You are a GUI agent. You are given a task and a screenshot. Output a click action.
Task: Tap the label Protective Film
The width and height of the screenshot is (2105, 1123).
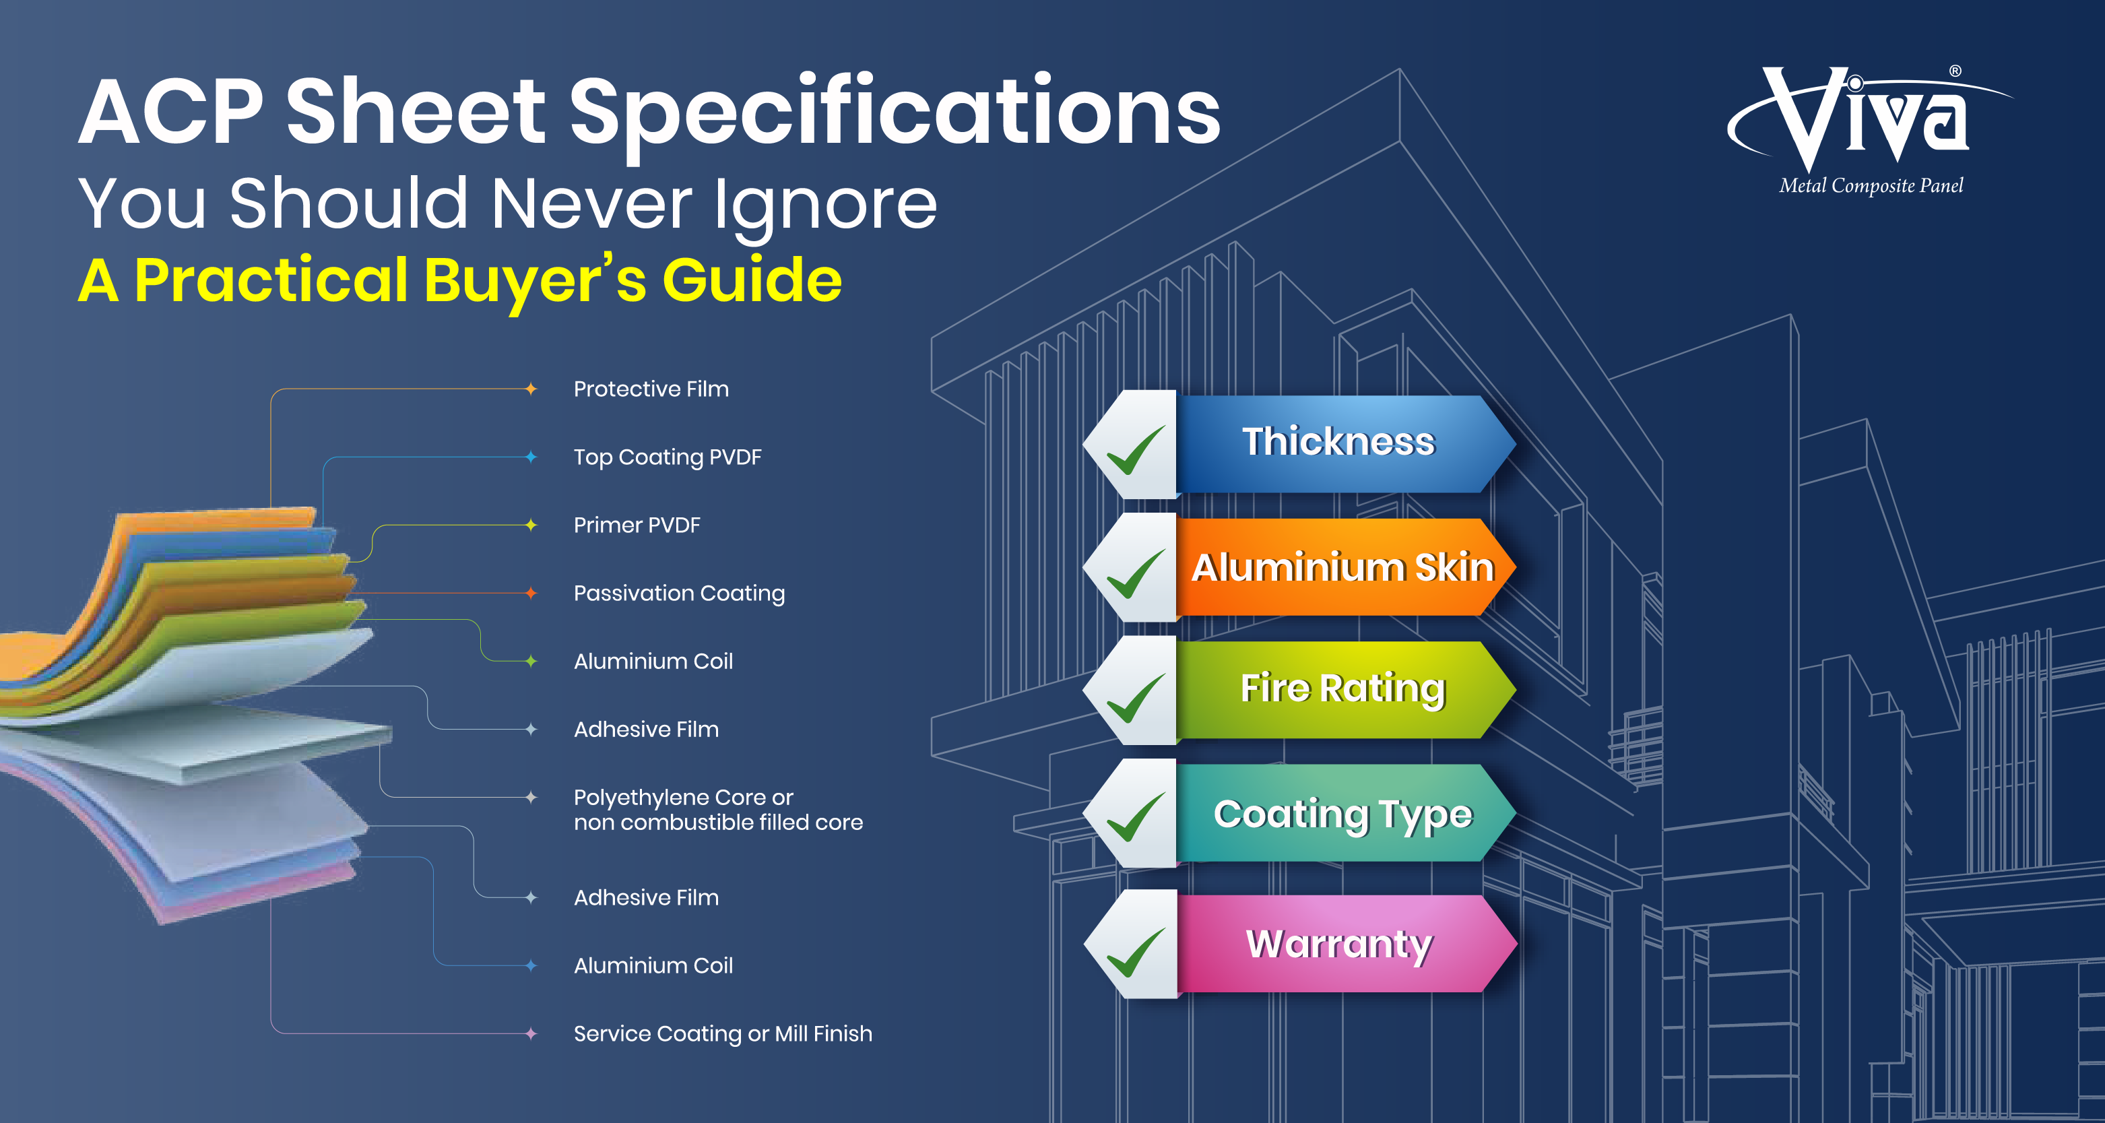[x=651, y=389]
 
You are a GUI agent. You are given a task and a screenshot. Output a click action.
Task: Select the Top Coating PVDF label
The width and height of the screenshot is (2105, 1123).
[x=668, y=457]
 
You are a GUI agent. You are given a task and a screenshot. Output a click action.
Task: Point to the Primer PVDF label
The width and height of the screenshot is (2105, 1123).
[x=637, y=525]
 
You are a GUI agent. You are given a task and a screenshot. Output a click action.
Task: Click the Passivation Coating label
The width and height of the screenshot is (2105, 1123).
[x=679, y=593]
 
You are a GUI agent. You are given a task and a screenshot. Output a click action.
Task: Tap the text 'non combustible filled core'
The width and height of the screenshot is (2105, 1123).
[x=718, y=823]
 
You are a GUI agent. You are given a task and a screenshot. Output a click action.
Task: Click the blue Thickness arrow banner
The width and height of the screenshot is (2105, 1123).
[x=1345, y=444]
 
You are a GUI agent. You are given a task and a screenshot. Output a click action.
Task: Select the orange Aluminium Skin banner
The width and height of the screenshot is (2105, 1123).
[x=1345, y=567]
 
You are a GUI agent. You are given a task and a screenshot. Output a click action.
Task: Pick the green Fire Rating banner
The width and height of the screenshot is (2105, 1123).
[x=1345, y=690]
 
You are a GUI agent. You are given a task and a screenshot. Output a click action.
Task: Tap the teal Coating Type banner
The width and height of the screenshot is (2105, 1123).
[x=1345, y=813]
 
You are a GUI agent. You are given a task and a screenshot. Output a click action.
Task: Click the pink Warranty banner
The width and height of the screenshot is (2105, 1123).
[x=1345, y=944]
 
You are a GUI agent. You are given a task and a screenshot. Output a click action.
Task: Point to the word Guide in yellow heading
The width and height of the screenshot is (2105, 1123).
[x=752, y=280]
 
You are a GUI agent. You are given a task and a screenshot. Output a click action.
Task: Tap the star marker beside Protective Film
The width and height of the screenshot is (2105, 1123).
[x=531, y=389]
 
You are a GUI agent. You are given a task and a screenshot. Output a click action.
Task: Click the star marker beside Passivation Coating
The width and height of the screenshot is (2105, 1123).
[x=531, y=593]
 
